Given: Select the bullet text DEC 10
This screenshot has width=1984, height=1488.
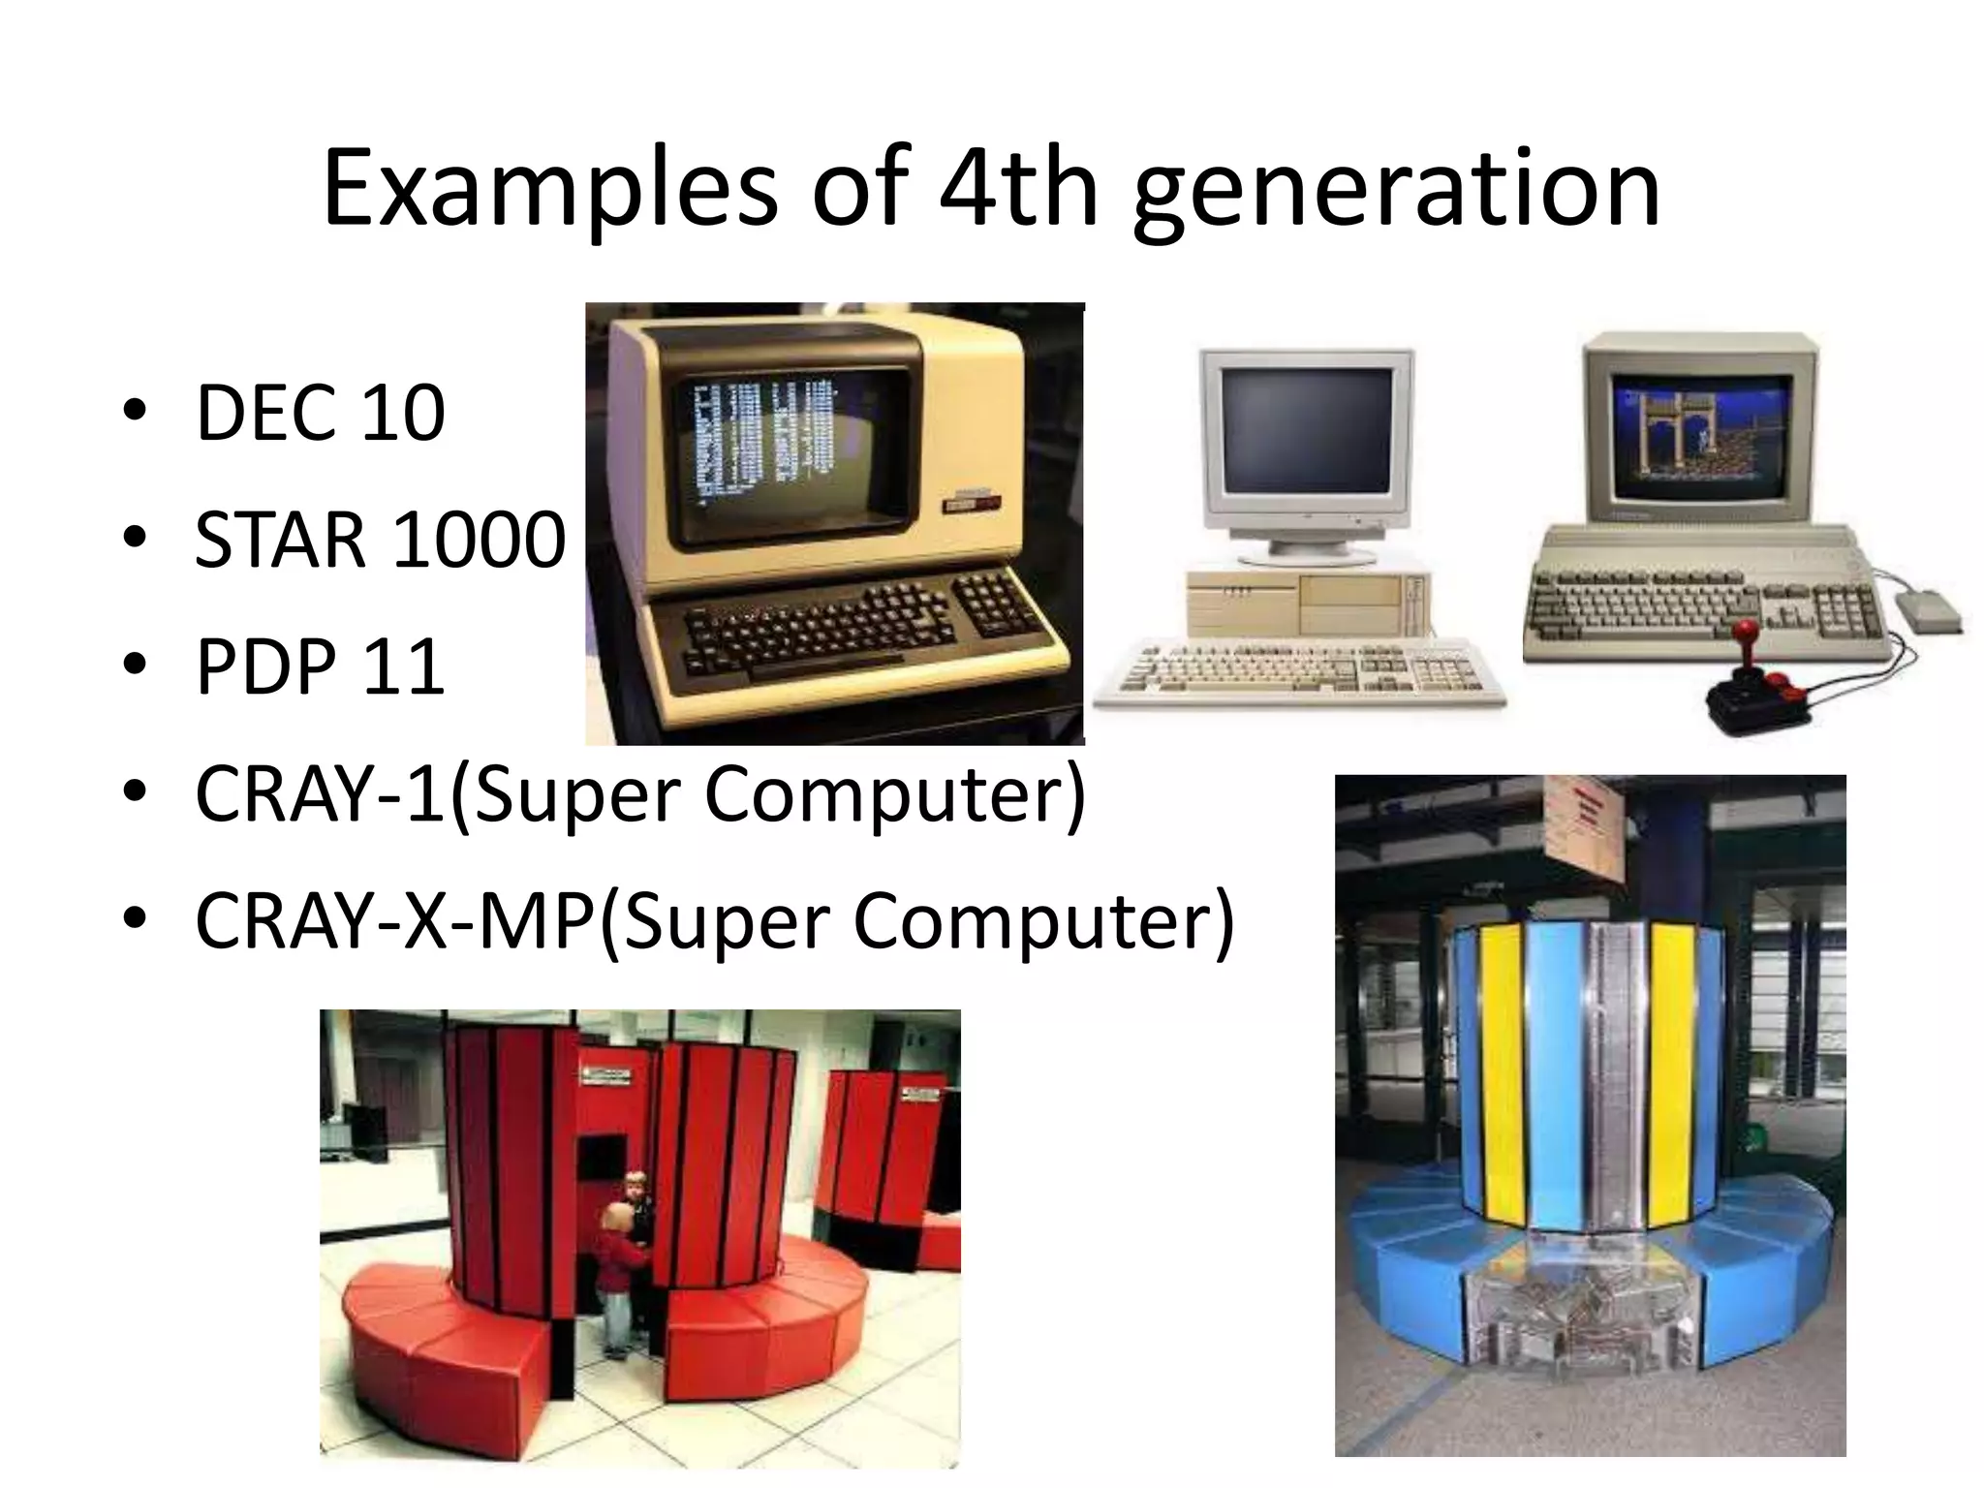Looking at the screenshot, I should (320, 414).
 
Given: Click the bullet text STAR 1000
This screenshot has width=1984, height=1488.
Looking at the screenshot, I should (380, 540).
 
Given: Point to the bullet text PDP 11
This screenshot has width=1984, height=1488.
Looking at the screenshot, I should (320, 666).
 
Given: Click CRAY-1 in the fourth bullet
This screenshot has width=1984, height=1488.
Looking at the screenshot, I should (320, 794).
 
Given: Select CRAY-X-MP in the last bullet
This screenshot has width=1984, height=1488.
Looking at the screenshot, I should (394, 921).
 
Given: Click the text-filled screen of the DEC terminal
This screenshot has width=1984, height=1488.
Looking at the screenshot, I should (765, 446).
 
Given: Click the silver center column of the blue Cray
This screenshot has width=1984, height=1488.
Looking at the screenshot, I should (1618, 1075).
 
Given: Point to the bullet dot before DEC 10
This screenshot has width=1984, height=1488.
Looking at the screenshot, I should (135, 413).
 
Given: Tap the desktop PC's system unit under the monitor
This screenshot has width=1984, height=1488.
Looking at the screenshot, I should (1308, 603).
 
